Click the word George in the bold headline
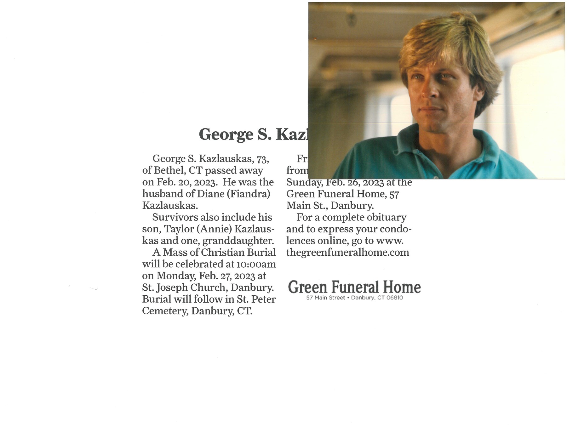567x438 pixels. pos(226,135)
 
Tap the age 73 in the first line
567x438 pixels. pos(262,159)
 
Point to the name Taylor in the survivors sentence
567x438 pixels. pos(179,229)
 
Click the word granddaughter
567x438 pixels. pos(238,241)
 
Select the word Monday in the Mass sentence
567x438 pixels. pos(177,276)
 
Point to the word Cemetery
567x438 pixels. pos(165,311)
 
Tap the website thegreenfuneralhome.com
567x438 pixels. pos(347,253)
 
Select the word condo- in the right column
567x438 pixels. pos(396,229)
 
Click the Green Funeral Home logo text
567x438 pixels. pos(354,287)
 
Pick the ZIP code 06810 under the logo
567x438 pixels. pos(394,298)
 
